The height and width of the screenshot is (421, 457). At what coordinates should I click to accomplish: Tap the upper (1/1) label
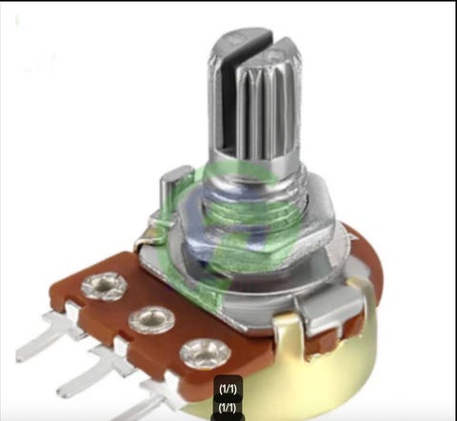coord(228,389)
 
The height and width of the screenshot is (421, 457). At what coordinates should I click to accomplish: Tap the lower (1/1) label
coord(228,408)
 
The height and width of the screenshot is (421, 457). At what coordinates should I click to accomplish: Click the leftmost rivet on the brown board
coord(105,286)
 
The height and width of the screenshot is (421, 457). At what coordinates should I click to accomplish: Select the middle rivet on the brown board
coord(152,320)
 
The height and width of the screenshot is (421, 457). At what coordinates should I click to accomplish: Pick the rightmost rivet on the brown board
coord(205,354)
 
